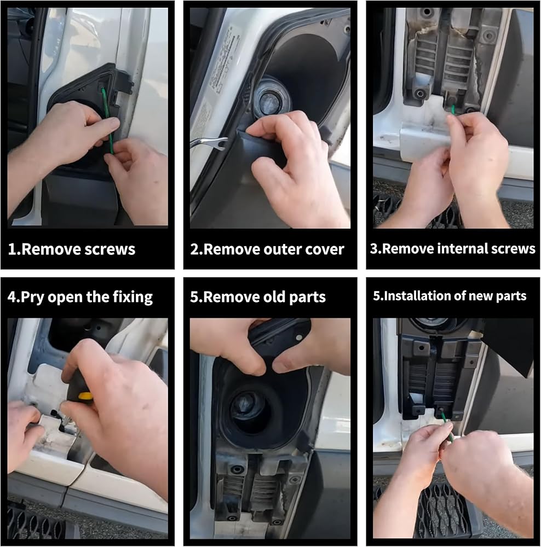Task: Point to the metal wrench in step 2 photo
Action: [x=209, y=143]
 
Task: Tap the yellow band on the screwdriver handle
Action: [x=85, y=395]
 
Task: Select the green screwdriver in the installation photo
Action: [x=447, y=425]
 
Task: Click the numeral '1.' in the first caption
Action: [x=14, y=249]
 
